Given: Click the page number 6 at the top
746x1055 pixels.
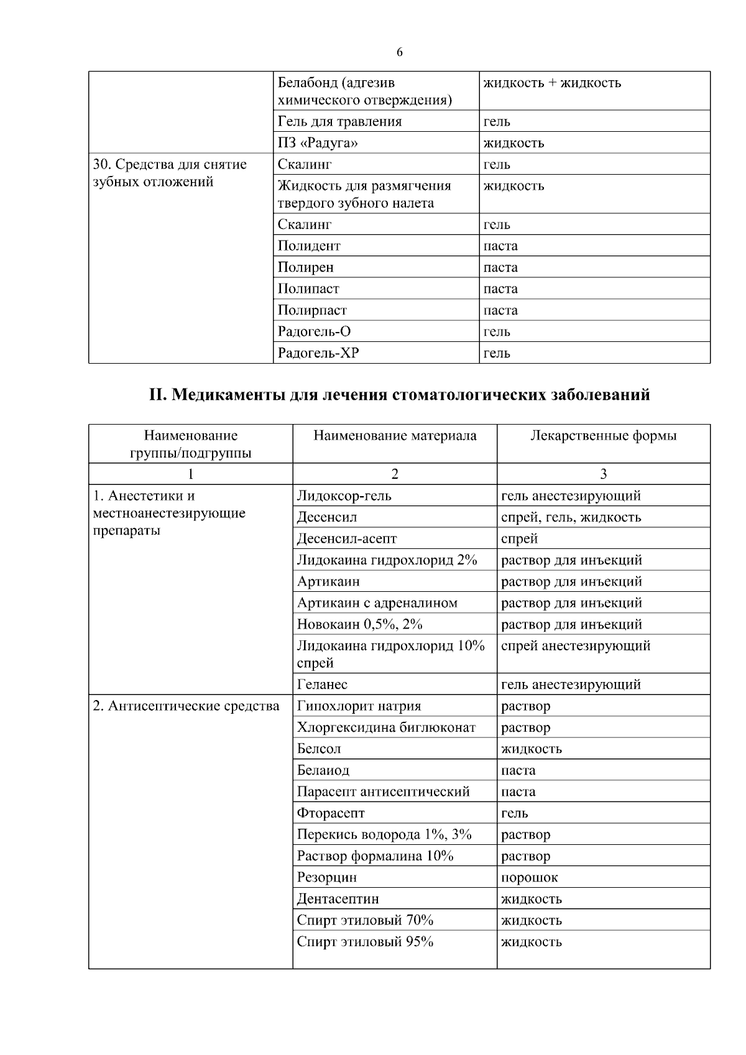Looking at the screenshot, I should tap(399, 53).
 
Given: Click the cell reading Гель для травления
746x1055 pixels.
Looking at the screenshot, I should tap(339, 121).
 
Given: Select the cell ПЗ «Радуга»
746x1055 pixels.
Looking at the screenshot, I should tap(318, 143).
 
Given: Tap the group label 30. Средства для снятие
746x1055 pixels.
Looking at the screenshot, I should tap(170, 165).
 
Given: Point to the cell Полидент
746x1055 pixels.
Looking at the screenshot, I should tap(309, 246).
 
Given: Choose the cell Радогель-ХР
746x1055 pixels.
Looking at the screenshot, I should tap(318, 353).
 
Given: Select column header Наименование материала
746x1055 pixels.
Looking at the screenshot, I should tap(395, 436).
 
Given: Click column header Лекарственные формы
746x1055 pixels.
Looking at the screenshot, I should tap(603, 436).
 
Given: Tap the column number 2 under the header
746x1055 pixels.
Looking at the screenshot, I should tap(395, 474).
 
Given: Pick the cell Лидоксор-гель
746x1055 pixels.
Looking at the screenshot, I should tap(344, 496).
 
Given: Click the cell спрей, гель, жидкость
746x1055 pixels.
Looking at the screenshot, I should tap(571, 517).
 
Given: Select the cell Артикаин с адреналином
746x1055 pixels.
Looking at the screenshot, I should tap(377, 603).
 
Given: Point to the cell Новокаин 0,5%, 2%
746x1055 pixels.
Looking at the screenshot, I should tap(359, 624).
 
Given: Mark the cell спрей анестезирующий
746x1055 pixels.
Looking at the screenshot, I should tap(576, 646).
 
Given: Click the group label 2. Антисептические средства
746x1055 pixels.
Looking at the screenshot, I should tap(186, 706).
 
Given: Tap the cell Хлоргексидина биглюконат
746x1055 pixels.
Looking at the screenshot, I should tap(386, 727).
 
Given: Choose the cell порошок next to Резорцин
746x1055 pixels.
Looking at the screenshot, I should tap(530, 878).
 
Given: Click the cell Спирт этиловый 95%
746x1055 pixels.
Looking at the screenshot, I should tap(365, 942).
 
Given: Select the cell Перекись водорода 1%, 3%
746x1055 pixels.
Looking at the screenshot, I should tap(384, 835).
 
